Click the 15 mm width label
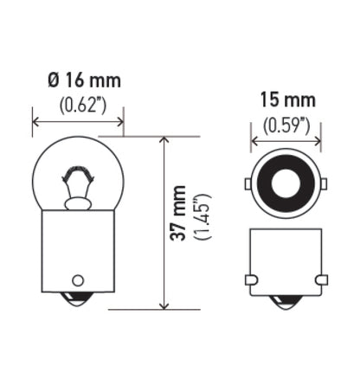tap(286, 100)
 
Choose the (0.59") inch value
tap(286, 124)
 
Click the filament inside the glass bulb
tap(76, 184)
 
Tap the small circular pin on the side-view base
tap(77, 279)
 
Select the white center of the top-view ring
tap(286, 184)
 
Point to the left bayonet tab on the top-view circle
tap(248, 184)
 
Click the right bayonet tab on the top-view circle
tap(323, 184)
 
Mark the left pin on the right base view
tap(251, 279)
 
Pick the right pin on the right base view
tap(321, 279)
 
